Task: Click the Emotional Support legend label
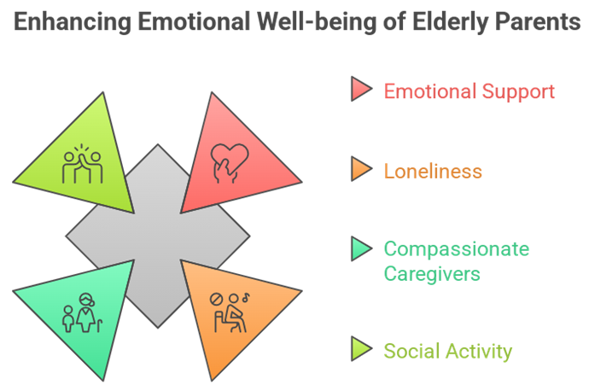tap(469, 90)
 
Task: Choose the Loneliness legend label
tap(433, 171)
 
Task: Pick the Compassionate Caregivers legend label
tap(456, 261)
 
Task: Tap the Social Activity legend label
tap(447, 350)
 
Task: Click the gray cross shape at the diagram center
tap(158, 235)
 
